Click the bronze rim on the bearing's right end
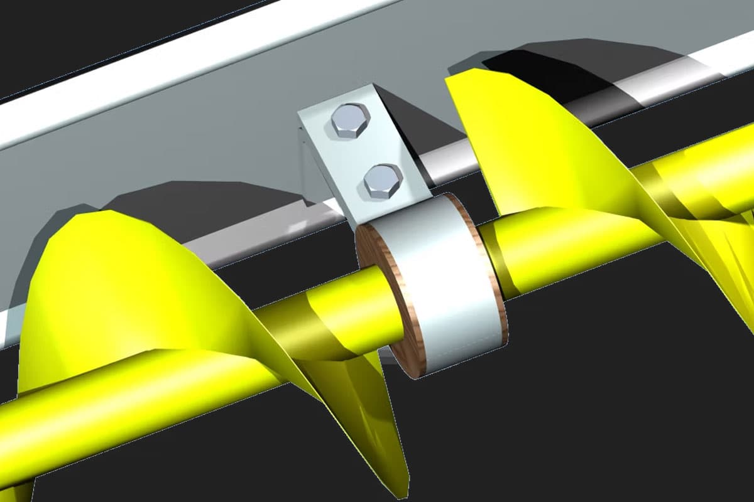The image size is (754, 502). pos(498,276)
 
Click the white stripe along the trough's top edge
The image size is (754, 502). pos(157,82)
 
